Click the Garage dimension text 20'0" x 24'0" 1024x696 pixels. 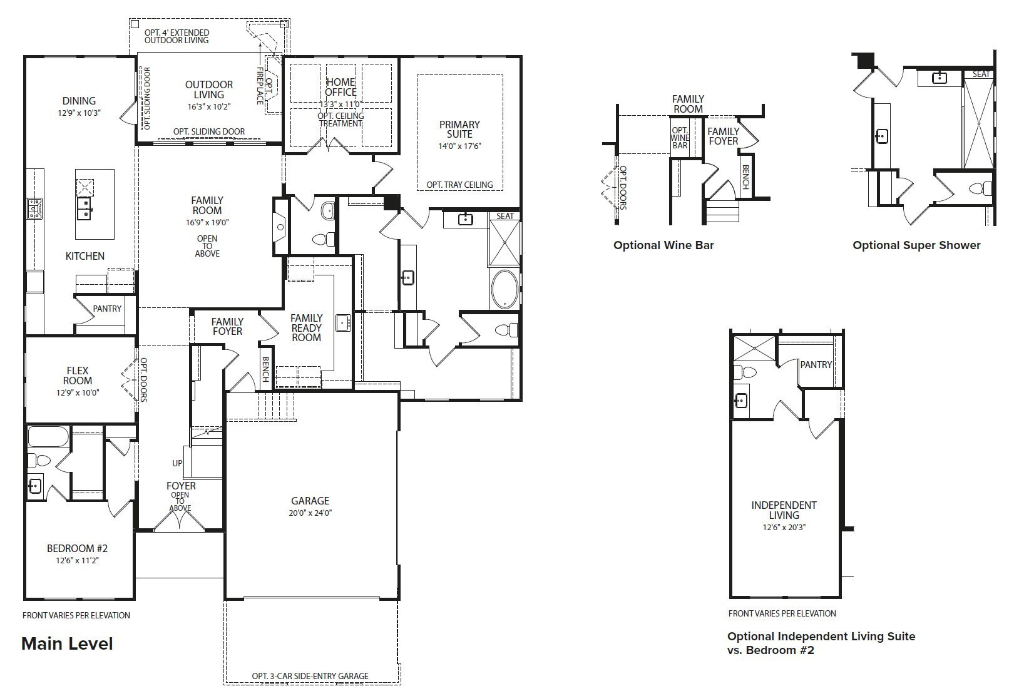(x=310, y=513)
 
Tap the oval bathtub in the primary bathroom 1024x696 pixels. (x=504, y=289)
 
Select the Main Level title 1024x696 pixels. (x=67, y=643)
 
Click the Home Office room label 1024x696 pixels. (x=340, y=87)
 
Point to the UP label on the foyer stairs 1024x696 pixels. (x=177, y=463)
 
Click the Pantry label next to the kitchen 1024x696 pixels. (x=107, y=309)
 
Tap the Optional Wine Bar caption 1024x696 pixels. (x=663, y=245)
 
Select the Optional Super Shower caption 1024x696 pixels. (x=916, y=245)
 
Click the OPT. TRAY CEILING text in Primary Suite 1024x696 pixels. (x=459, y=185)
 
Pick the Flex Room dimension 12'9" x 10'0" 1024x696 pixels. (x=78, y=392)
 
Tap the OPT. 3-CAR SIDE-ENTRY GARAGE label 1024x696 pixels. (x=310, y=676)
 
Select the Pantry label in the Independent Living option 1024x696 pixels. (x=816, y=365)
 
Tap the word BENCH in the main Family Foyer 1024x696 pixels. (x=265, y=369)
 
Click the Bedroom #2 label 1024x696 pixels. (x=78, y=548)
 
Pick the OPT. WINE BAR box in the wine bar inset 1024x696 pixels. (x=680, y=138)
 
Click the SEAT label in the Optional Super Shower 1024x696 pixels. (x=981, y=74)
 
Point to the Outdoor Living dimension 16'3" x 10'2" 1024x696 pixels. (x=208, y=106)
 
